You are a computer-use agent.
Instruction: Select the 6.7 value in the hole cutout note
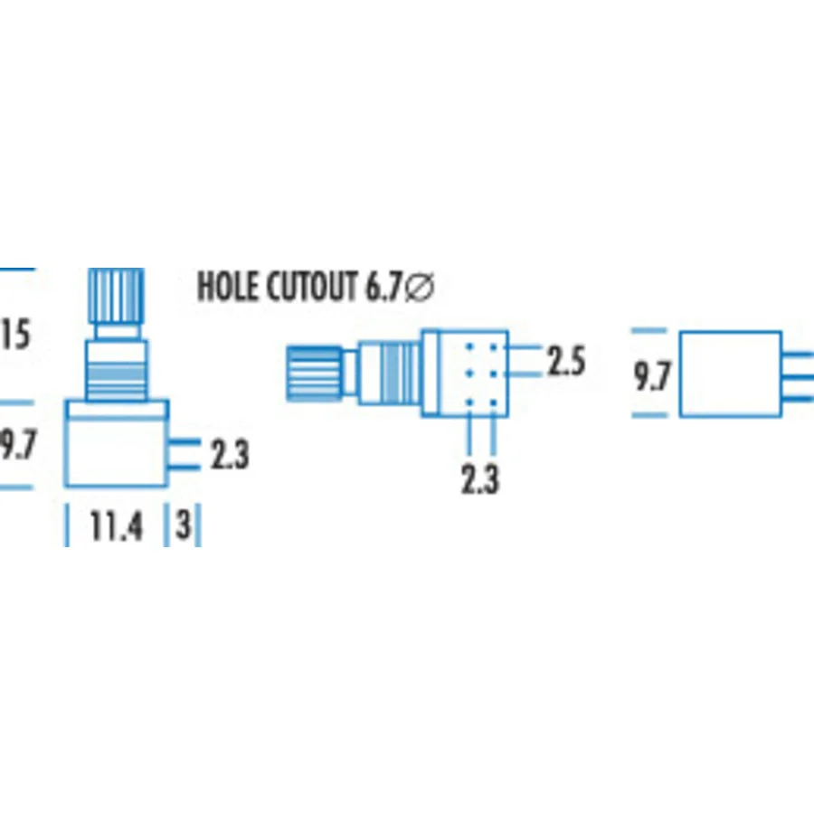383,286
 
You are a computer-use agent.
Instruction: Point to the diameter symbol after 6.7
419,287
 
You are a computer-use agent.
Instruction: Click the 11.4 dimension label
117,525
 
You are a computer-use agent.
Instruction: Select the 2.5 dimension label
567,360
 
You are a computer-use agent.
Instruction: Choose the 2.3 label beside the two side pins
230,454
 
